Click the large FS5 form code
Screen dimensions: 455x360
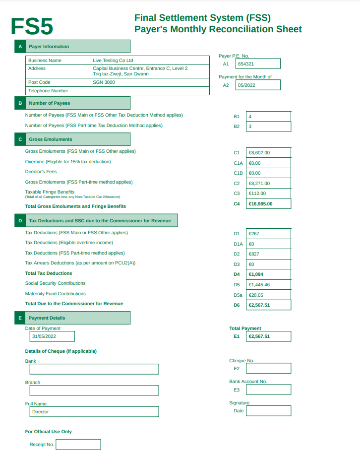[32, 27]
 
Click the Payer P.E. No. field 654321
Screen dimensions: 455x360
[258, 64]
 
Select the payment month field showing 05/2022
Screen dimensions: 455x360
[258, 85]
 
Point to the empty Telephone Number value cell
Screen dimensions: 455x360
[150, 91]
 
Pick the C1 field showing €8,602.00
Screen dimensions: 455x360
[268, 153]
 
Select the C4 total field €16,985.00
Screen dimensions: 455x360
[268, 203]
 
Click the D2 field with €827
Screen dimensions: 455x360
[268, 254]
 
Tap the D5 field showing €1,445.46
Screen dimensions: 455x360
[268, 285]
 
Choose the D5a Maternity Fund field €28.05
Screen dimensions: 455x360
[268, 295]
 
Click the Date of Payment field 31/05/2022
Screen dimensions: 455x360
[52, 336]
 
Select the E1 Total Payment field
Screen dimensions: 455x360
[268, 336]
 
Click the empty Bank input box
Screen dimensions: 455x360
[94, 369]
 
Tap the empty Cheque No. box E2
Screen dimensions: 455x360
[268, 369]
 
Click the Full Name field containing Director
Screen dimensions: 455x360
[94, 412]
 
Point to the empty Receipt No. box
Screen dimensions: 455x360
[78, 445]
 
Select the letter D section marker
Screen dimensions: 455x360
[20, 221]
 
